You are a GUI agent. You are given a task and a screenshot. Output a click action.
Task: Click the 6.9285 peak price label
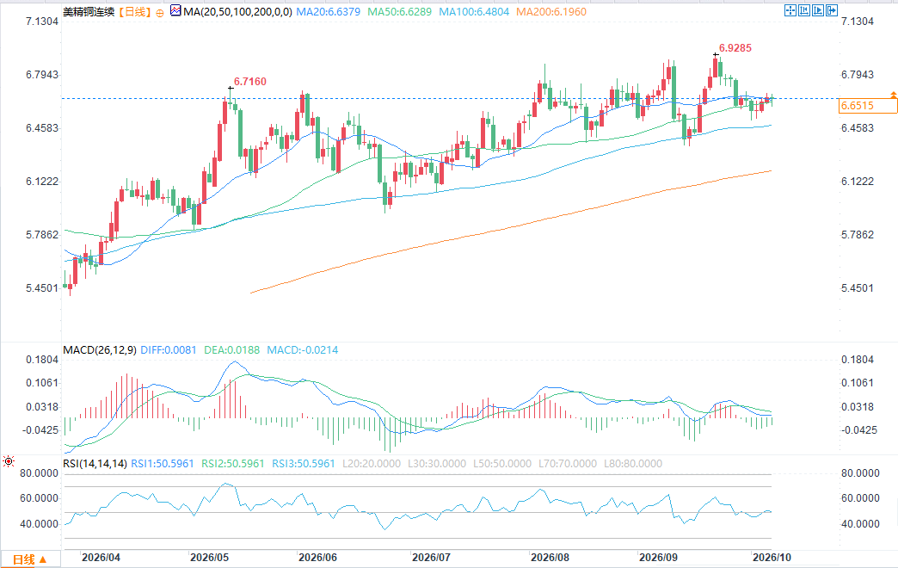click(735, 48)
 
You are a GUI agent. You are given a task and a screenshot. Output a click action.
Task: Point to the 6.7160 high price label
click(250, 82)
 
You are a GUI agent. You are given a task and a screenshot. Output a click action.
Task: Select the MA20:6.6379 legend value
click(329, 11)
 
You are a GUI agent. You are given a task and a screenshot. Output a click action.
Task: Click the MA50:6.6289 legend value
click(400, 11)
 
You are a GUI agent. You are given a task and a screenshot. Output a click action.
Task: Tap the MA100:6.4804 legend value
click(474, 11)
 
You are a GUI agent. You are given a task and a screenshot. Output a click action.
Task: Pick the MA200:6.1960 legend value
click(551, 11)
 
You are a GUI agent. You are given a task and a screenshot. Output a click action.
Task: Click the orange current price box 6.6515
click(868, 106)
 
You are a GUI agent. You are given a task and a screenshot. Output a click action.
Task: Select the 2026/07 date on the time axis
click(431, 557)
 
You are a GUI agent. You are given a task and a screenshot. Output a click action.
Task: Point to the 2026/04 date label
click(101, 557)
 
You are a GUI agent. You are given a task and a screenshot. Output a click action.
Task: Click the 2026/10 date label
click(772, 557)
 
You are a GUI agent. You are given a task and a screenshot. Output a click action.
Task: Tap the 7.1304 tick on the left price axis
click(42, 22)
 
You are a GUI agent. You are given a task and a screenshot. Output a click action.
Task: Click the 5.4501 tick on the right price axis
click(858, 288)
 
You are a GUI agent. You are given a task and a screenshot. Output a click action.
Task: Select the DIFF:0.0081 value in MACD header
click(169, 350)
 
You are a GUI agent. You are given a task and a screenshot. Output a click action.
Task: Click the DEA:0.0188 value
click(232, 350)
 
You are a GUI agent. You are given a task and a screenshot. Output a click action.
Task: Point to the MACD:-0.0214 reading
click(303, 350)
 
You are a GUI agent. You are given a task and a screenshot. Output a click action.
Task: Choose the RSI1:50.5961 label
click(163, 464)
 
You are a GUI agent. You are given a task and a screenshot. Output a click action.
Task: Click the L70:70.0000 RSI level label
click(568, 464)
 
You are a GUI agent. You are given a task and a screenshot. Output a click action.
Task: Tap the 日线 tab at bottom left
click(29, 559)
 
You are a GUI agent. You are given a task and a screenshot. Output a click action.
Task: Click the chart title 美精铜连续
click(89, 11)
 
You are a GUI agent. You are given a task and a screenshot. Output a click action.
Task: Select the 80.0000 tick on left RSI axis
click(39, 473)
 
